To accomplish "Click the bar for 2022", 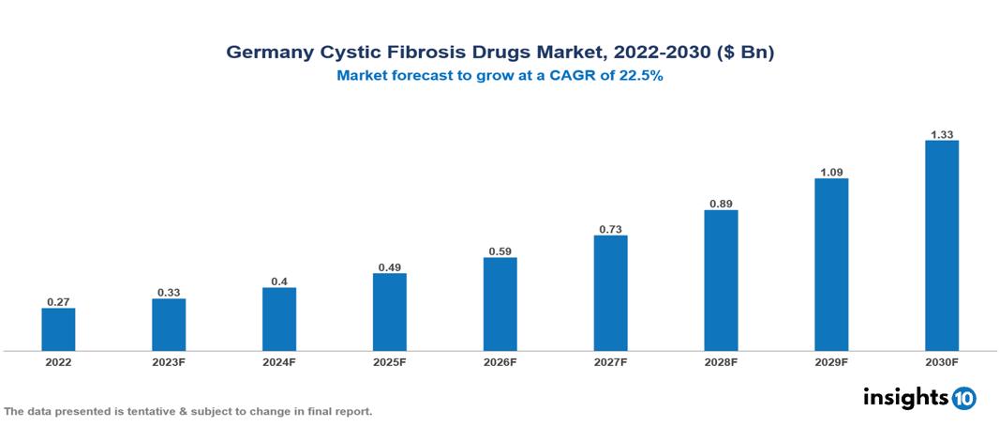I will pyautogui.click(x=58, y=329).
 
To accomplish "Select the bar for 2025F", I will pyautogui.click(x=389, y=312).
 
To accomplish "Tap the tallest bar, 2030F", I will pyautogui.click(x=942, y=246).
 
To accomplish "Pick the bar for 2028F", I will pyautogui.click(x=721, y=281).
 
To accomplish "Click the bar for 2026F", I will pyautogui.click(x=500, y=304).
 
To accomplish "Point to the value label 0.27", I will pyautogui.click(x=58, y=301).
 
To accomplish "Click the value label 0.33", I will pyautogui.click(x=169, y=292).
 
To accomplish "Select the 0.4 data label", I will pyautogui.click(x=279, y=281).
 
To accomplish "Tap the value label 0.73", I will pyautogui.click(x=610, y=229).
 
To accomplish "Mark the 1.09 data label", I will pyautogui.click(x=831, y=172).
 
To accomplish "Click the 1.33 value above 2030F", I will pyautogui.click(x=942, y=134).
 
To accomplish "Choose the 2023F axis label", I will pyautogui.click(x=169, y=362).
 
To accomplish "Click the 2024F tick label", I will pyautogui.click(x=279, y=362).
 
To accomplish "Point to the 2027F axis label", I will pyautogui.click(x=610, y=362).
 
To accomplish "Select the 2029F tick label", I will pyautogui.click(x=831, y=362).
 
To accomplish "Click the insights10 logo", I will pyautogui.click(x=918, y=397).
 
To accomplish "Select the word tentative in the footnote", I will pyautogui.click(x=137, y=412).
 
